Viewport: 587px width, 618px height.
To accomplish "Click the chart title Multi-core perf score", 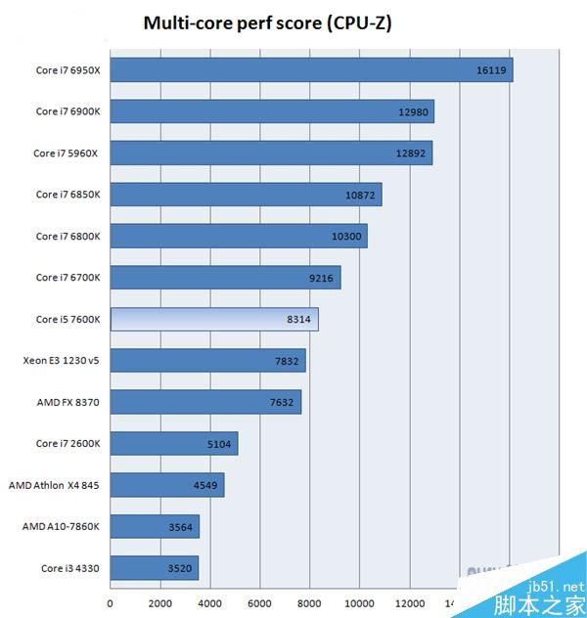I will click(267, 22).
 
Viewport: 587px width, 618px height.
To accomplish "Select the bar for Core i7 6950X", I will click(311, 70).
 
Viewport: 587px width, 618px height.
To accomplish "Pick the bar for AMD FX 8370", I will click(205, 402).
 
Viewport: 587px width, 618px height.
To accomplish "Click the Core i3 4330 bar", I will click(154, 568).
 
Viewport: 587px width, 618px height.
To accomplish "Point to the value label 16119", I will click(490, 70).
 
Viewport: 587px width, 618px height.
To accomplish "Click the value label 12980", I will click(413, 111).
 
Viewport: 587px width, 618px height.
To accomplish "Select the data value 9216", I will click(321, 278).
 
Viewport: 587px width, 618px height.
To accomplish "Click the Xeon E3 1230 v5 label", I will click(61, 361).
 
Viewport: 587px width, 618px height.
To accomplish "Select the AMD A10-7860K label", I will click(61, 527).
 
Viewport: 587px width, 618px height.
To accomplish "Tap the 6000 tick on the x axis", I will click(259, 602).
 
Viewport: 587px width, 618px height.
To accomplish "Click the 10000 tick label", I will click(359, 602).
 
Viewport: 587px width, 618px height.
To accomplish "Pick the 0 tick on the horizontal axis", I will click(111, 602).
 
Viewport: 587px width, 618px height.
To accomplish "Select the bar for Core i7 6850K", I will click(246, 195).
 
